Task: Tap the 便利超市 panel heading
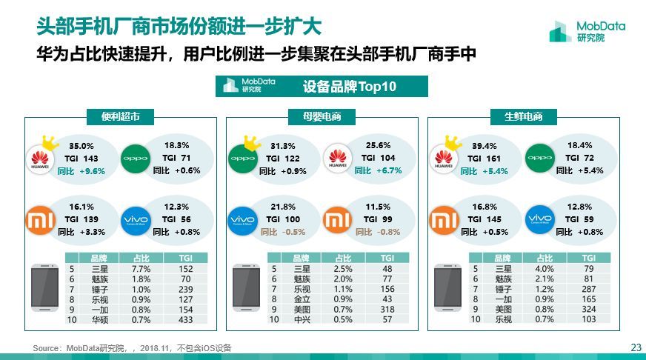pos(121,116)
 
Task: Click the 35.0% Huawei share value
pos(81,146)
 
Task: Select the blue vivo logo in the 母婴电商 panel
pos(242,220)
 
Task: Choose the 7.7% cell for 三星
pos(141,269)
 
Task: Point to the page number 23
pos(635,347)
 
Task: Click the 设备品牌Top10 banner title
pos(350,87)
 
